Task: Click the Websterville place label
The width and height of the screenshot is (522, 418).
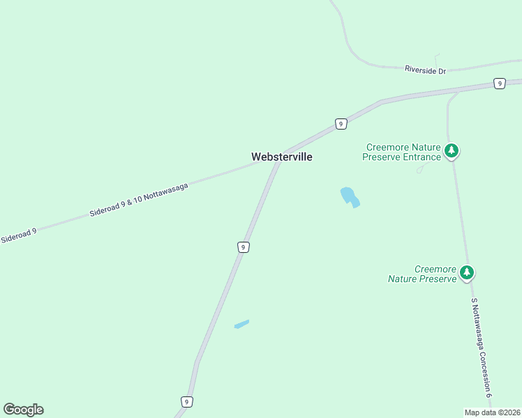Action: pyautogui.click(x=282, y=157)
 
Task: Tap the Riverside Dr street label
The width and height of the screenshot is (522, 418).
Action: pyautogui.click(x=425, y=69)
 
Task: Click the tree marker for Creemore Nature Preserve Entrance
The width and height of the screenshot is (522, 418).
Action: pyautogui.click(x=452, y=150)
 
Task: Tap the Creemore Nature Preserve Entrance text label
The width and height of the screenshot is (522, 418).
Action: pyautogui.click(x=402, y=152)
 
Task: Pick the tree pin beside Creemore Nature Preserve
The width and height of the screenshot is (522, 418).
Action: pyautogui.click(x=467, y=273)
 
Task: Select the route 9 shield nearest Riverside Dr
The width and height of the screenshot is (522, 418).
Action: pyautogui.click(x=499, y=84)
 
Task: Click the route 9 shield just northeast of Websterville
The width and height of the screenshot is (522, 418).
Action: pyautogui.click(x=341, y=124)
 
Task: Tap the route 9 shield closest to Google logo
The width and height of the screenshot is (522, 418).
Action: pyautogui.click(x=186, y=402)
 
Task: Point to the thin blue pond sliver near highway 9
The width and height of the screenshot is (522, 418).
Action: pyautogui.click(x=241, y=324)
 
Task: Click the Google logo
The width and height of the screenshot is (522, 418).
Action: pyautogui.click(x=23, y=410)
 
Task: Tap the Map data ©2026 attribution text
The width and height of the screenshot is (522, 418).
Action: pyautogui.click(x=492, y=412)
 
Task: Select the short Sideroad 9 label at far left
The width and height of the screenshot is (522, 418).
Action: pyautogui.click(x=19, y=235)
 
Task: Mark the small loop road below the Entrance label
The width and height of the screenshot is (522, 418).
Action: pyautogui.click(x=419, y=169)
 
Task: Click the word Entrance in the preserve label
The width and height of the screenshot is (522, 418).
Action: pyautogui.click(x=419, y=157)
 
